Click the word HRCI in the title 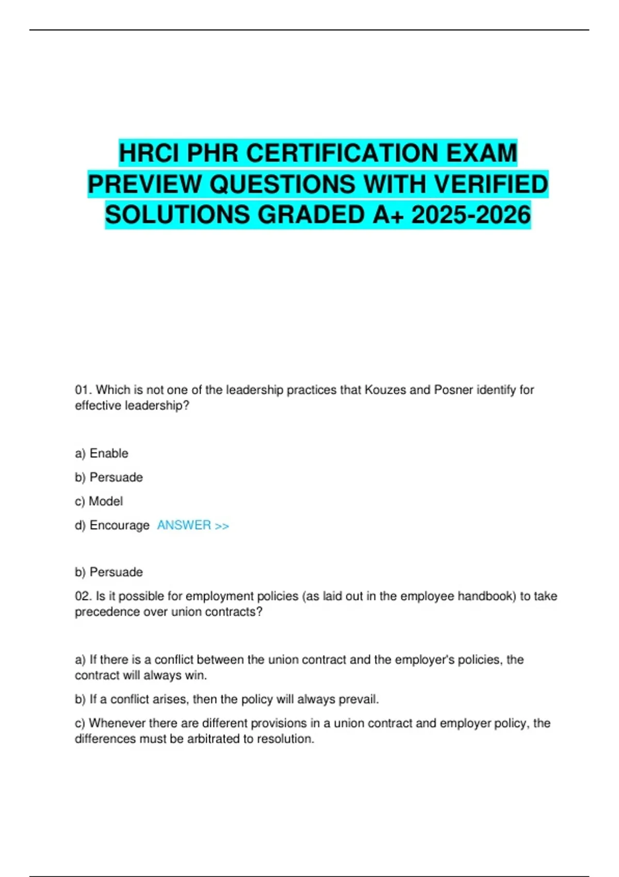[149, 153]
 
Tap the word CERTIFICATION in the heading [342, 153]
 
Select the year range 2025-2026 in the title [471, 215]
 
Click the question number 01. [83, 390]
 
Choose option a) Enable [102, 453]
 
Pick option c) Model [99, 501]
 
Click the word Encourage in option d [119, 525]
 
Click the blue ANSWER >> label [193, 525]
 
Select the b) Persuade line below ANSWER [109, 572]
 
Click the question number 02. [83, 596]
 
